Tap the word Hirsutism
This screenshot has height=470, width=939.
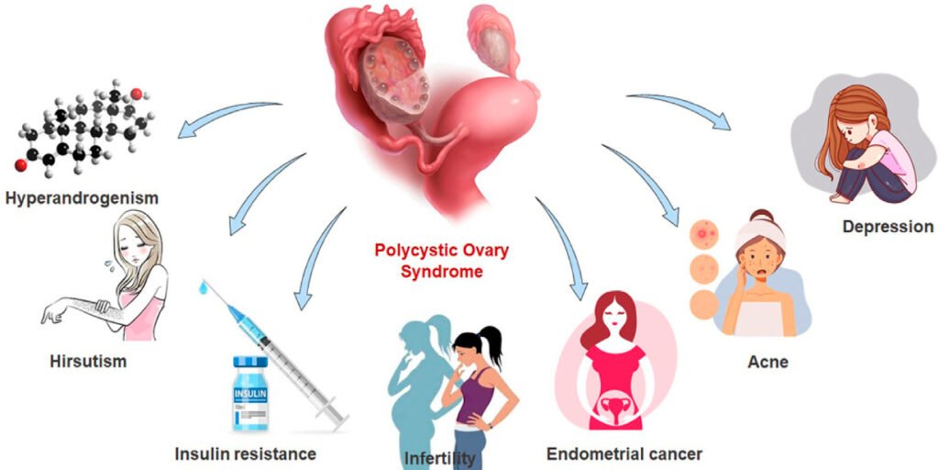pos(88,361)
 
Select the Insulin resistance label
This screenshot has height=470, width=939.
pos(246,453)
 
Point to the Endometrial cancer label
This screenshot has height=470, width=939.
pos(624,453)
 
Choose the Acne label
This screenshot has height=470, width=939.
pos(767,363)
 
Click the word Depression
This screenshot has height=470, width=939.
pos(888,227)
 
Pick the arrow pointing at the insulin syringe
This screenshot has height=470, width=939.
pos(312,266)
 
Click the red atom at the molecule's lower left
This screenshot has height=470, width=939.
pos(20,165)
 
